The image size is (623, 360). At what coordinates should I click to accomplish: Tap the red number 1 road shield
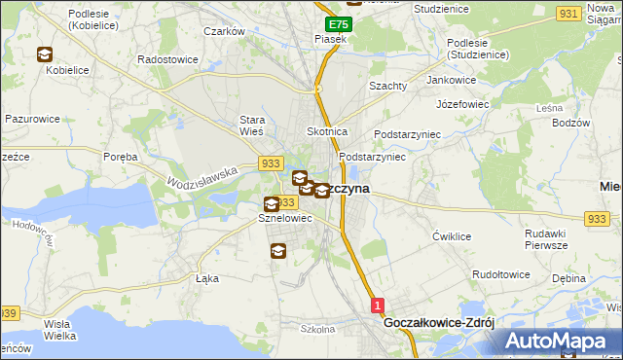(x=378, y=306)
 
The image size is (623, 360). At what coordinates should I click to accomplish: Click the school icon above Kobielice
(x=45, y=55)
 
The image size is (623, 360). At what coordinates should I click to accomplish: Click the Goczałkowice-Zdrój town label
(x=440, y=322)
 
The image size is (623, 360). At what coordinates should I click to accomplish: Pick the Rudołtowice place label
(x=499, y=274)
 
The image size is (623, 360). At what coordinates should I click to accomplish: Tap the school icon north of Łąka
(x=277, y=252)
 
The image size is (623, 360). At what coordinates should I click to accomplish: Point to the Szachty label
(x=387, y=86)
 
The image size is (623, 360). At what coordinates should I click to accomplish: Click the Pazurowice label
(x=32, y=119)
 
